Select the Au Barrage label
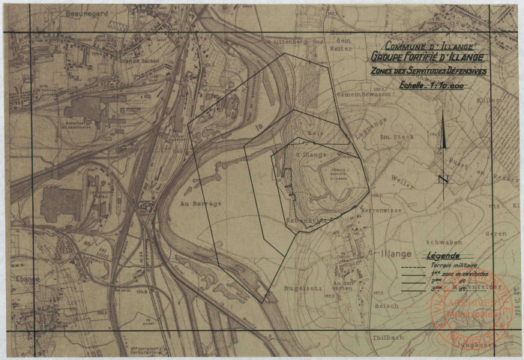[201, 204]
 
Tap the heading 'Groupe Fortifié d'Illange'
[427, 58]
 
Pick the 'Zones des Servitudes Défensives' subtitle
[428, 71]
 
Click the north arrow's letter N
[444, 178]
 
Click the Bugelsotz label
[282, 286]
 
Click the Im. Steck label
[397, 137]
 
